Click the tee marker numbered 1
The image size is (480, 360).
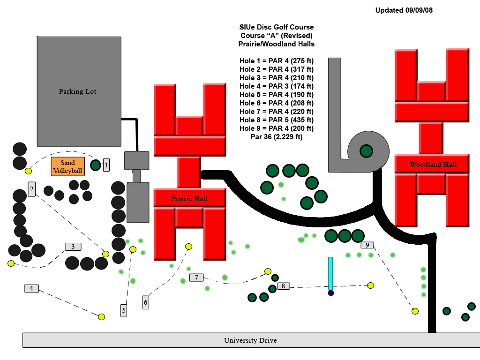click(x=106, y=165)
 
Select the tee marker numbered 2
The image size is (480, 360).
click(x=32, y=189)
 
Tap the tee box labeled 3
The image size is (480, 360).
click(x=73, y=247)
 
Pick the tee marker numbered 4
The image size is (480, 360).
click(x=31, y=288)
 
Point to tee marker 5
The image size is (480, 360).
click(x=124, y=310)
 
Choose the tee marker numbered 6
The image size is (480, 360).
click(x=146, y=302)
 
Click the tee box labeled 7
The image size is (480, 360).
click(x=196, y=277)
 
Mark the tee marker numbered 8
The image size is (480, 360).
click(x=283, y=286)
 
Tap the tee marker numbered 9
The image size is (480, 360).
click(x=367, y=245)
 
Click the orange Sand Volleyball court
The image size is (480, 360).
click(x=67, y=166)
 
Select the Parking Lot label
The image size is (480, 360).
click(x=77, y=91)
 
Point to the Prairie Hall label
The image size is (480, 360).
click(x=189, y=199)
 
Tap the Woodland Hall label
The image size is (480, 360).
click(x=433, y=165)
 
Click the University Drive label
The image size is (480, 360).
click(x=250, y=340)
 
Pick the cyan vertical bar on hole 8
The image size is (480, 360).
click(x=330, y=274)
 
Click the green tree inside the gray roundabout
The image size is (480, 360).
click(x=366, y=151)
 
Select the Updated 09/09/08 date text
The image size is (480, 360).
click(x=404, y=10)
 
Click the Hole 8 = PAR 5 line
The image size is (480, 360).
click(x=277, y=120)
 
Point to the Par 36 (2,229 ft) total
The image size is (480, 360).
click(x=277, y=137)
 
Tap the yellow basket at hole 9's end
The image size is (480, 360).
click(x=415, y=311)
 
